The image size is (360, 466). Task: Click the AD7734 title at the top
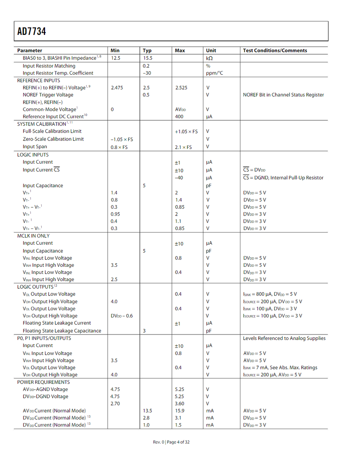31,31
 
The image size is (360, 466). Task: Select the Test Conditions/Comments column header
275,50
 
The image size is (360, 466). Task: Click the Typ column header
147,50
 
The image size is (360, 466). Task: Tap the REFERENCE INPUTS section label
39,80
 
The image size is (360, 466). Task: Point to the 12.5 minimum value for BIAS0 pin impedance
115,58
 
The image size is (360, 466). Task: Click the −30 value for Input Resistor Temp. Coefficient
147,73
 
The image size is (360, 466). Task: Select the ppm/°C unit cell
214,73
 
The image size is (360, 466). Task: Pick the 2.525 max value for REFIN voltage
182,88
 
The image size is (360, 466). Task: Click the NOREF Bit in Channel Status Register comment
283,95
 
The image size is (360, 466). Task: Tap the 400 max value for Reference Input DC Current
179,117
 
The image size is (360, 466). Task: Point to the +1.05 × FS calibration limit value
186,131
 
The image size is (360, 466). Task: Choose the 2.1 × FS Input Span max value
183,147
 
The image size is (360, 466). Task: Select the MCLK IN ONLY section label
33,236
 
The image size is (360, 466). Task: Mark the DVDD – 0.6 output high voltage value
122,316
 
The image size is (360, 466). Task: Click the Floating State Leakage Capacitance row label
62,331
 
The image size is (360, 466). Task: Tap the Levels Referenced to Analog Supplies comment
284,338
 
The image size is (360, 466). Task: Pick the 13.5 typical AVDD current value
147,411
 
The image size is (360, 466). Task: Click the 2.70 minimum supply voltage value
115,403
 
